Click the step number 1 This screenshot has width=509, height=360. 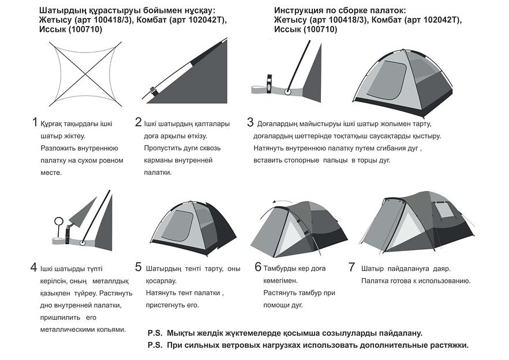click(35, 122)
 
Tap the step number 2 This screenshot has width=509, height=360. click(139, 122)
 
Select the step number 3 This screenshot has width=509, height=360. click(250, 122)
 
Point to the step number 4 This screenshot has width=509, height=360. click(34, 268)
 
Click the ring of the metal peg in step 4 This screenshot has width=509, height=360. click(58, 220)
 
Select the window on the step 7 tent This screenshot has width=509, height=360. click(446, 211)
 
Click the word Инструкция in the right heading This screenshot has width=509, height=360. click(300, 10)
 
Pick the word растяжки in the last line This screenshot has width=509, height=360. click(448, 345)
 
